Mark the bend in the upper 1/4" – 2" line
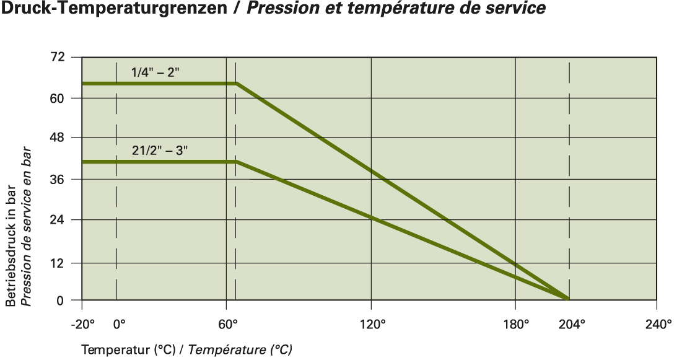236,83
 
